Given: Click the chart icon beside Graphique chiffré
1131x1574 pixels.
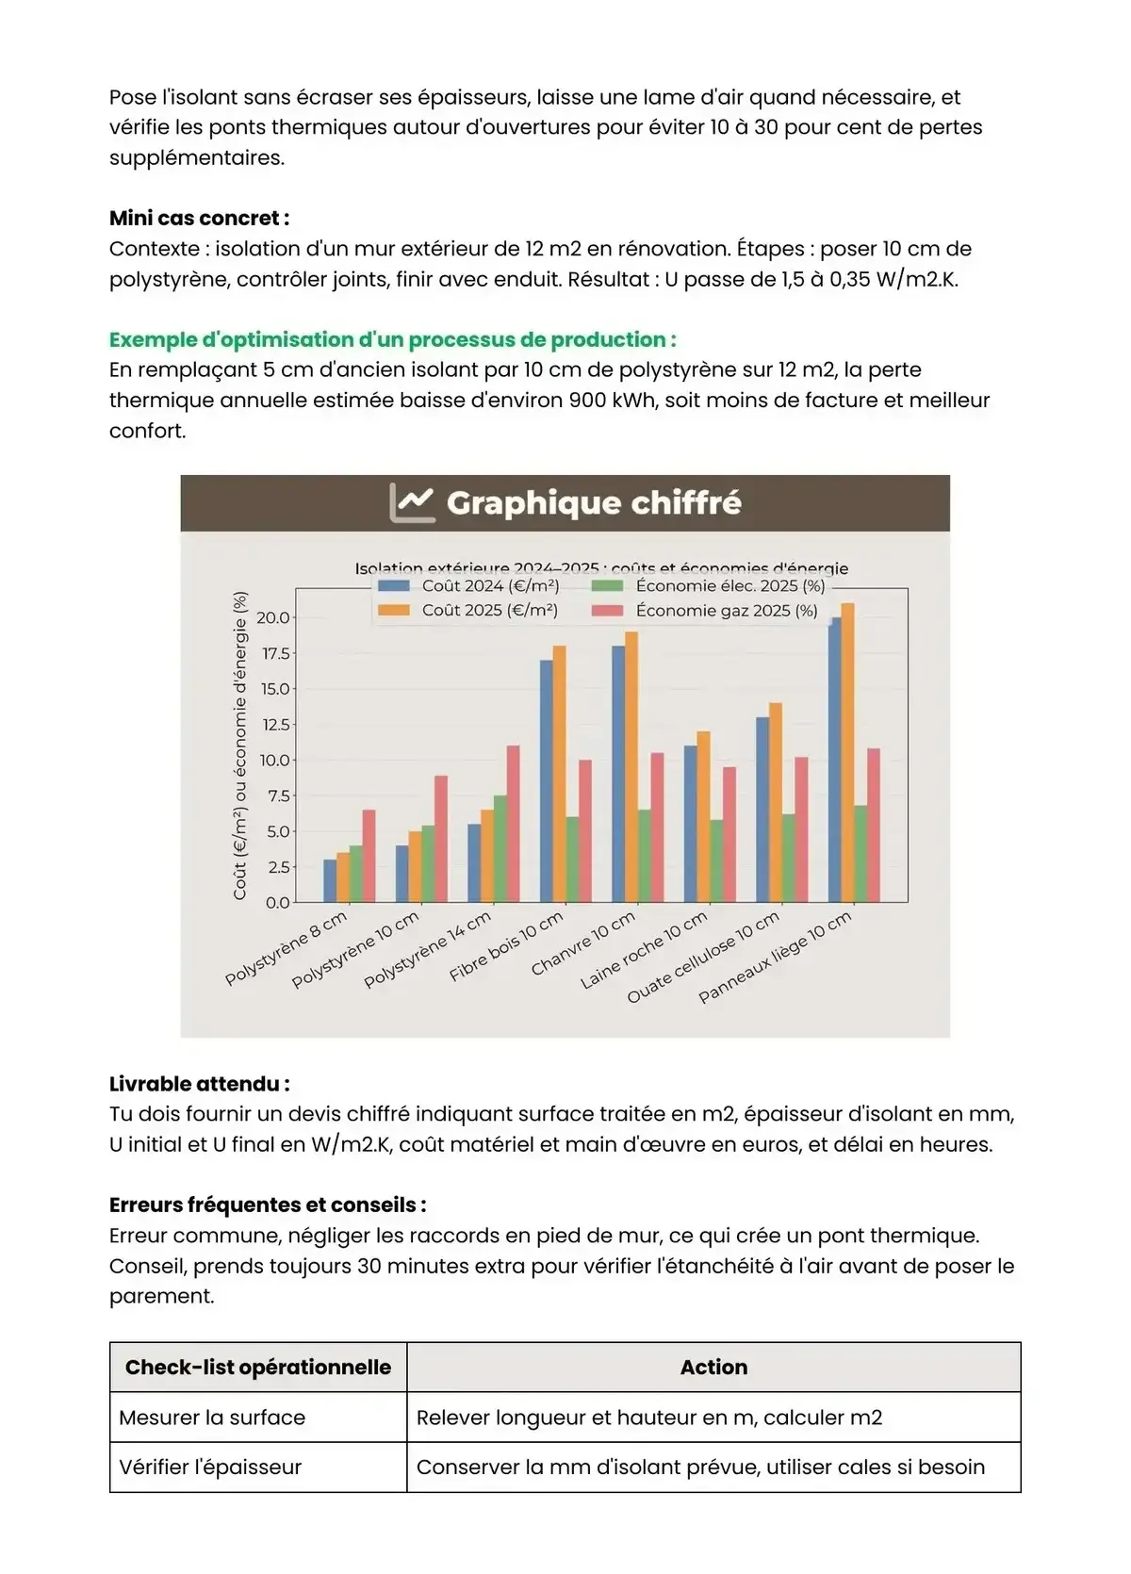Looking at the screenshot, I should [x=412, y=502].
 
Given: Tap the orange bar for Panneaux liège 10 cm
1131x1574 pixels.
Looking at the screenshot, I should [x=847, y=754].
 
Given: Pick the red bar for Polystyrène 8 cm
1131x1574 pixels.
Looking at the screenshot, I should [x=369, y=856].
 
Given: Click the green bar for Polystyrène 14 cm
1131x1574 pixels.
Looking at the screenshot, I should [x=500, y=849].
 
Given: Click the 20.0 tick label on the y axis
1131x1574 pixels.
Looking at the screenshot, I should [x=273, y=618].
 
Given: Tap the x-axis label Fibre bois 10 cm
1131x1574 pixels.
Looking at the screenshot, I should [x=507, y=945].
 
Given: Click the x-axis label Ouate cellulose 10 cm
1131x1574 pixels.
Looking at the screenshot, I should [x=704, y=957].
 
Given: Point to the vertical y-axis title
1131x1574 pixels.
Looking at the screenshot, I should [x=240, y=746].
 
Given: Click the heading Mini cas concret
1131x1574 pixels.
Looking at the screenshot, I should [x=199, y=219].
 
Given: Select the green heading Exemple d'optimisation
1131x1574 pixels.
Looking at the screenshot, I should [x=392, y=340].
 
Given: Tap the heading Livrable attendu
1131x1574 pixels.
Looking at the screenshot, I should [x=199, y=1084].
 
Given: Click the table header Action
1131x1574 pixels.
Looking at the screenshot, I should [x=713, y=1368].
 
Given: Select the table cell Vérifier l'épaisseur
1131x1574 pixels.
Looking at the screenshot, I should [x=210, y=1467].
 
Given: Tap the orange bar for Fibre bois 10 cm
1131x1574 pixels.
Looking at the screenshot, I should [x=559, y=775].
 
